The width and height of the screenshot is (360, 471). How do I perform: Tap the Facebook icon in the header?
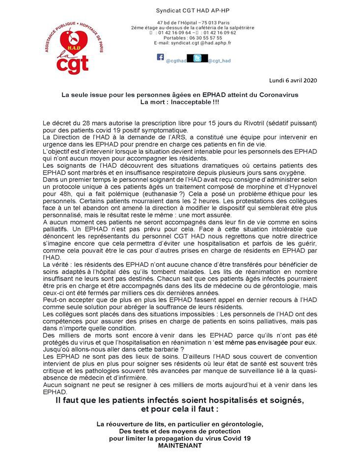(x=160, y=57)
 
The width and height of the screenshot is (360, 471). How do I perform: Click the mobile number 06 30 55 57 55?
(x=205, y=38)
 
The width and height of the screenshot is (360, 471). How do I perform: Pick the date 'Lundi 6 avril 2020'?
(x=293, y=79)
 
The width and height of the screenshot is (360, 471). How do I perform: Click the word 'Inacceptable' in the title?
(x=189, y=102)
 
